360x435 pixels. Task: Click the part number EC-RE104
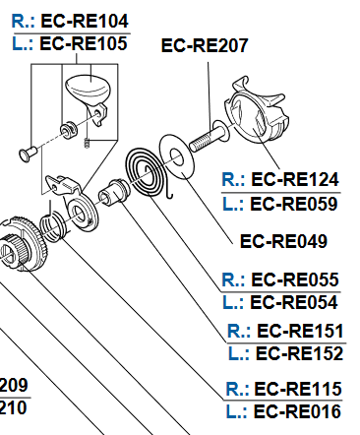[85, 22]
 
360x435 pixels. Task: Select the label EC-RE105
[84, 43]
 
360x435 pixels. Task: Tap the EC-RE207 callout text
[205, 45]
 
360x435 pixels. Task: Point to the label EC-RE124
[295, 179]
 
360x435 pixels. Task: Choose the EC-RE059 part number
[294, 204]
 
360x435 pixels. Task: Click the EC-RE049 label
[283, 241]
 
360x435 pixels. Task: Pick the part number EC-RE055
[295, 280]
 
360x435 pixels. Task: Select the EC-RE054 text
[294, 302]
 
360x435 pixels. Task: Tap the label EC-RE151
[300, 331]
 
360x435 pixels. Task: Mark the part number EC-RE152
[299, 353]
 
